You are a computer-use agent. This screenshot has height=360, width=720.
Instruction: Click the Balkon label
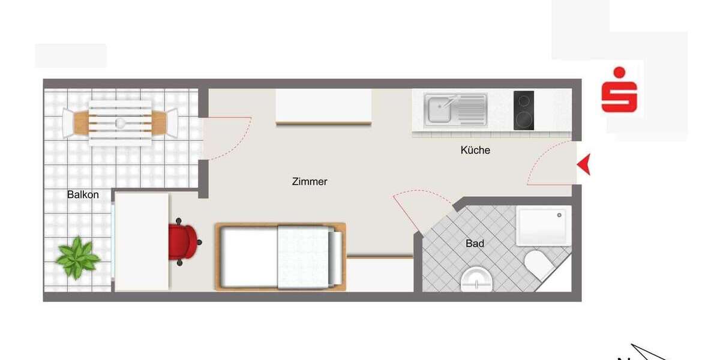83,194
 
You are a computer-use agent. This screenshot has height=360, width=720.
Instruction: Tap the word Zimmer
310,181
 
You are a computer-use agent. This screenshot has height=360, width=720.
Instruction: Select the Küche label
475,150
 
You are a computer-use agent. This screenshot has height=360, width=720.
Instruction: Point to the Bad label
475,244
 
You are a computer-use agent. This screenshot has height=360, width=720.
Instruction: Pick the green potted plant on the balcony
77,257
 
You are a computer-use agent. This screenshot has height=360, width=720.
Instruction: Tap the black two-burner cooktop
524,110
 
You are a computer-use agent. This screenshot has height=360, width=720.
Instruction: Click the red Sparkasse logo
619,91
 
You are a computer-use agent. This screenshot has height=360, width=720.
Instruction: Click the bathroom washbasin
477,280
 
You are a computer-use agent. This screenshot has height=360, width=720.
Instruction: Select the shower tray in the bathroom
544,226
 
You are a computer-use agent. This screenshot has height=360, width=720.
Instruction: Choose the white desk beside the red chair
142,241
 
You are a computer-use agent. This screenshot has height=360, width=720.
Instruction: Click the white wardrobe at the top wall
323,106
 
